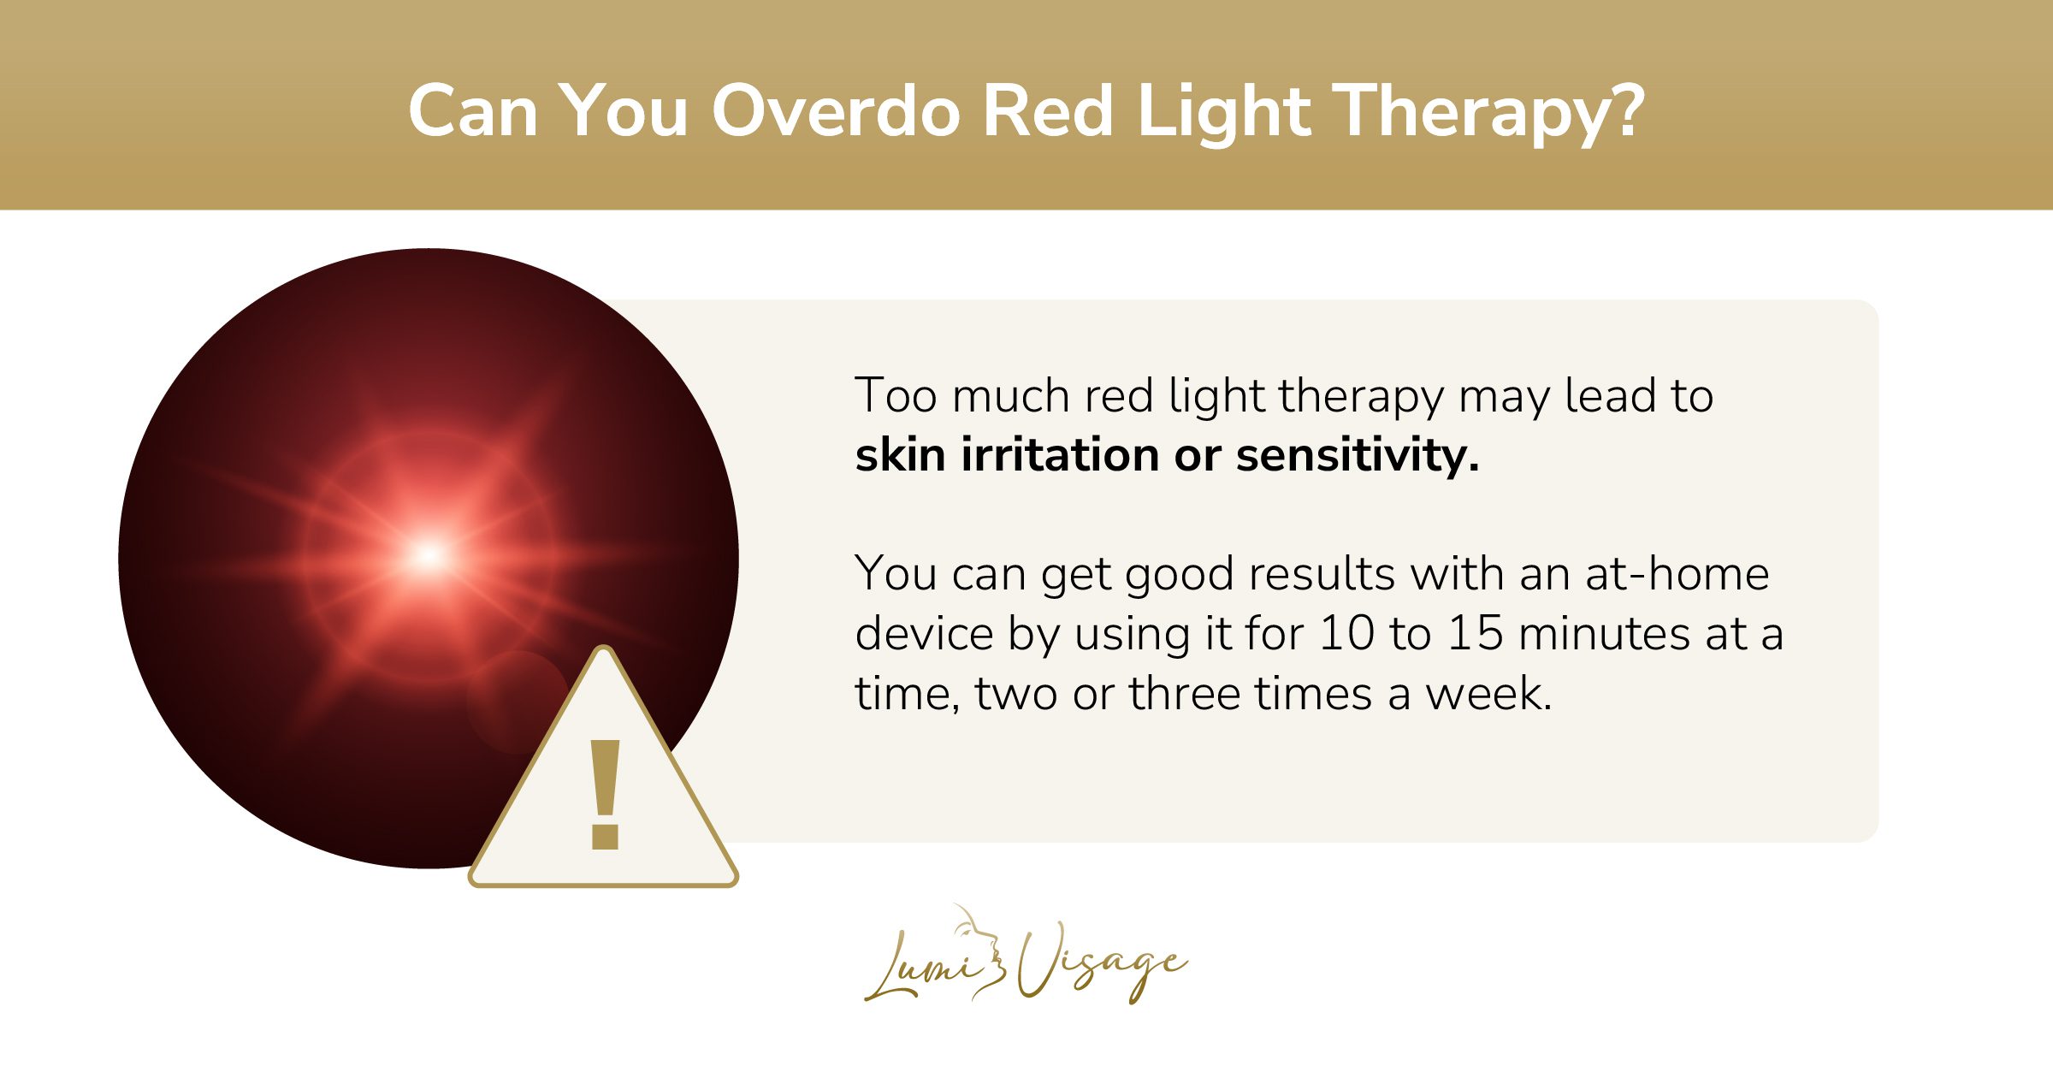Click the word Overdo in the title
click(x=836, y=111)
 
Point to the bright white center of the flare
click(x=429, y=556)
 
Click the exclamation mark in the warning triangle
click(x=605, y=796)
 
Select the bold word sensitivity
click(x=1356, y=455)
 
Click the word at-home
click(x=1677, y=574)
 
